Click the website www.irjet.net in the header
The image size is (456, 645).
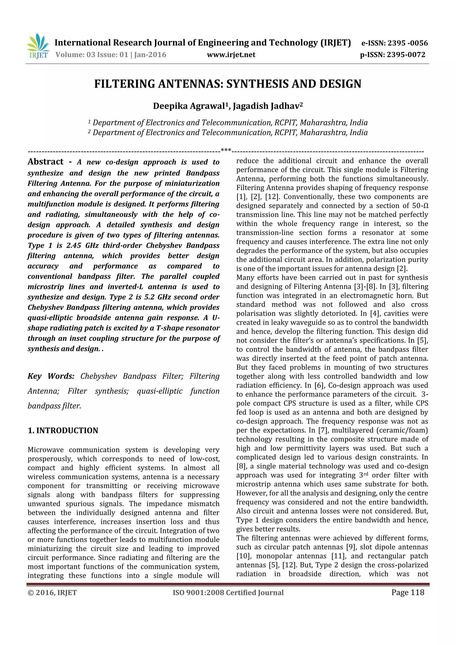[x=231, y=55]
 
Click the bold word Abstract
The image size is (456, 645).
[x=45, y=162]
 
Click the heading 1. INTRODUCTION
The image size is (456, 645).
[x=63, y=430]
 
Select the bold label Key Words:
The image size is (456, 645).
[x=51, y=376]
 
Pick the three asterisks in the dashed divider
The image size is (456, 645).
[x=226, y=150]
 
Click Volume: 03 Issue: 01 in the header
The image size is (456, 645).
[x=92, y=55]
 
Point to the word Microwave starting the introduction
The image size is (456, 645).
[x=45, y=450]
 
